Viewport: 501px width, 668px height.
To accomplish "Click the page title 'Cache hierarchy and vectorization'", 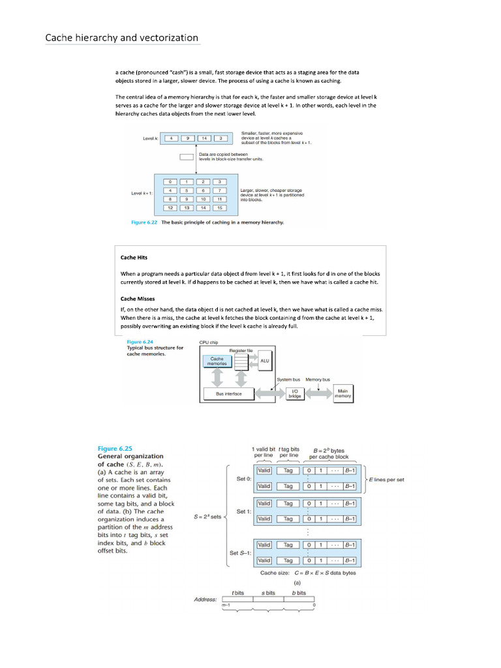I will click(121, 38).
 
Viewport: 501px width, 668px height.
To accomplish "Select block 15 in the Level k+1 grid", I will click(220, 208).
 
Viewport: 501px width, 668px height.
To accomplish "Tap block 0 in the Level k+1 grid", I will click(170, 181).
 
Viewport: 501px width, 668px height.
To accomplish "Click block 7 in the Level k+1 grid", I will click(220, 190).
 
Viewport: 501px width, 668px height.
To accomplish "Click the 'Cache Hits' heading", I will click(134, 258).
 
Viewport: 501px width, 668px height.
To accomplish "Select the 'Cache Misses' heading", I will click(138, 298).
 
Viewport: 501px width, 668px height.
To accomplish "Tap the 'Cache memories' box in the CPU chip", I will click(217, 361).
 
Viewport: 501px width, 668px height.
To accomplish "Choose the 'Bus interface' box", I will click(228, 394).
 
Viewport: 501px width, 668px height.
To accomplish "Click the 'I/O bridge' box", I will click(295, 394).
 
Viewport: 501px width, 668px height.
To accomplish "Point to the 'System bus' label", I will click(288, 379).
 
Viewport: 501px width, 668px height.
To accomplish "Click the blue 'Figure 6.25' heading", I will click(115, 448).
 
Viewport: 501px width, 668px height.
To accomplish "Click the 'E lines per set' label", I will click(387, 479).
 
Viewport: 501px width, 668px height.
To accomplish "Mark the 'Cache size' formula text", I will click(308, 573).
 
